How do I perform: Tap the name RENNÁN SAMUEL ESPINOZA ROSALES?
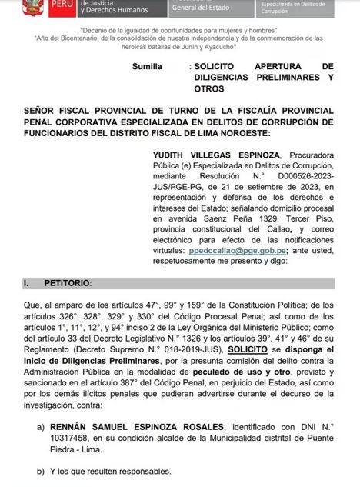pyautogui.click(x=141, y=426)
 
